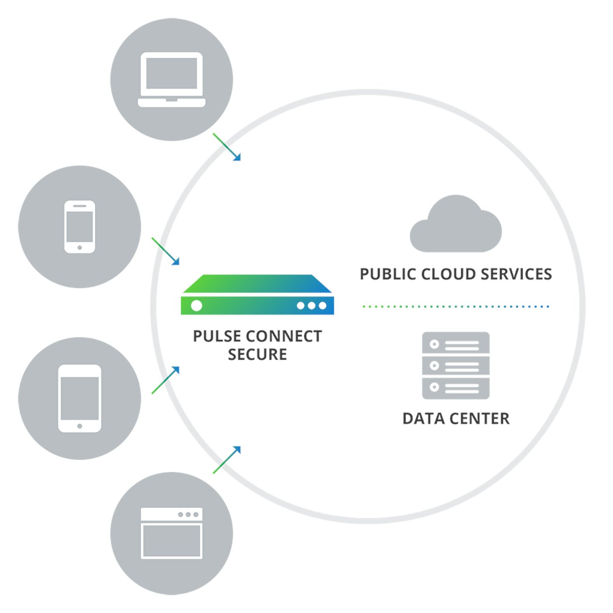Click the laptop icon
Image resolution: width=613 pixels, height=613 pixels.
[x=172, y=79]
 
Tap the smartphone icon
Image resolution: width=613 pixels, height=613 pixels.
[x=79, y=227]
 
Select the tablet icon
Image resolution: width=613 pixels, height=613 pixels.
[x=79, y=398]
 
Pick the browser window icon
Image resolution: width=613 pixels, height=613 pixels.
[x=172, y=533]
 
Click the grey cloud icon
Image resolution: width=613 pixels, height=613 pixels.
[x=456, y=225]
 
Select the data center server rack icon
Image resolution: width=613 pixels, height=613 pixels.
[x=456, y=365]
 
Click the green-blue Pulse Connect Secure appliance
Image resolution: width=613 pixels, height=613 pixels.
[x=257, y=295]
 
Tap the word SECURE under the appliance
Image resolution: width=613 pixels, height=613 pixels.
[x=257, y=355]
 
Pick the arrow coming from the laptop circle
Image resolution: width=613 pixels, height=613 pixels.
[x=227, y=147]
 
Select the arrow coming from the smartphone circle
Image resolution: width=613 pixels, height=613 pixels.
[x=166, y=251]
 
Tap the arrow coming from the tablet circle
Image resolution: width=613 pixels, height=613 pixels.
[x=166, y=380]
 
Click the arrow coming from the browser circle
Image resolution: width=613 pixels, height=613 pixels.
[x=227, y=460]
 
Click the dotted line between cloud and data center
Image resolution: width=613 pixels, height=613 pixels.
[x=456, y=306]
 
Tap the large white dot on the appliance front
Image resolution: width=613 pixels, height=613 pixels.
[x=197, y=306]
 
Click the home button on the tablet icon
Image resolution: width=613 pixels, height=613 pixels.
[x=80, y=426]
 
